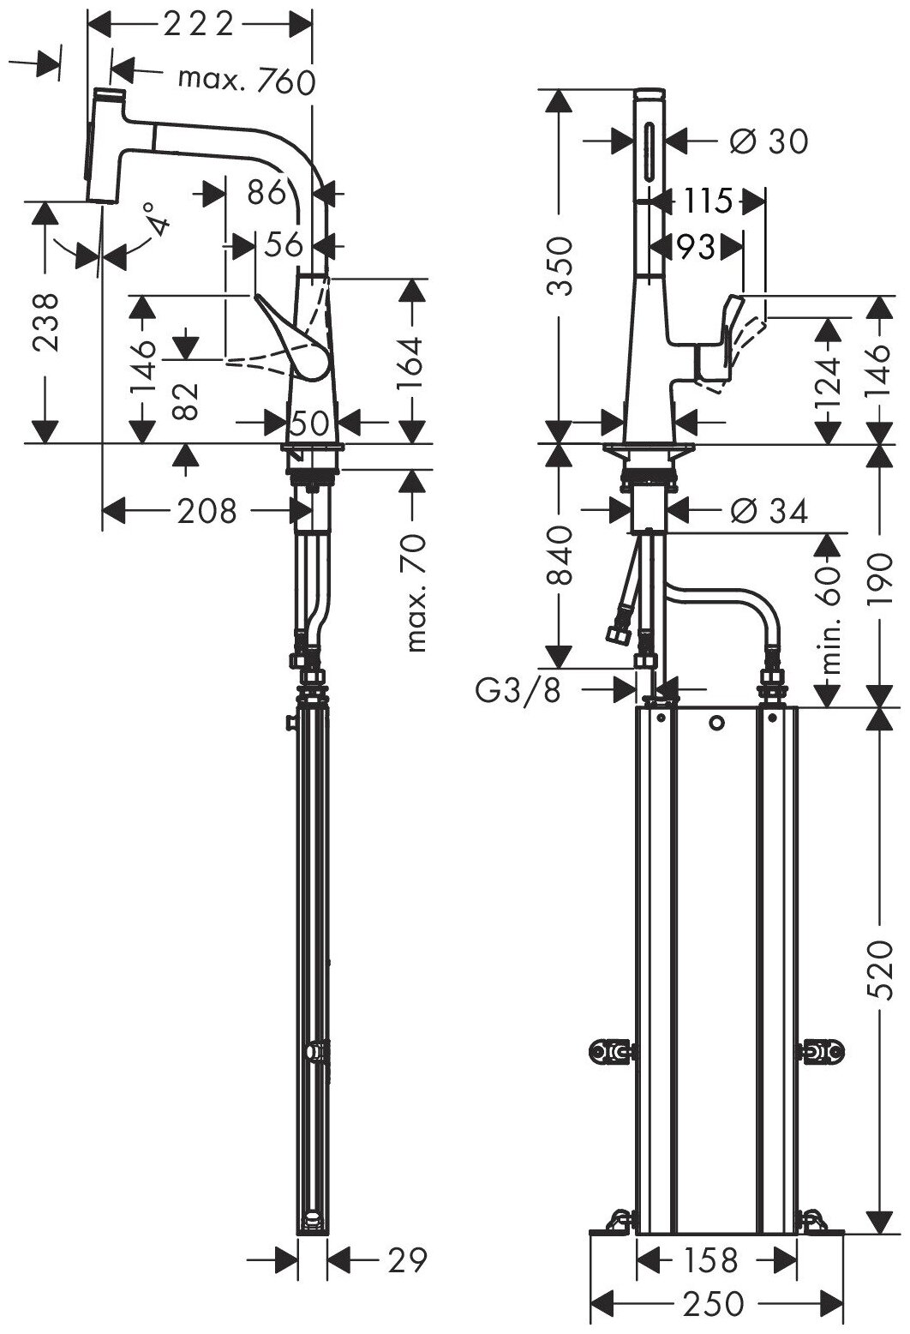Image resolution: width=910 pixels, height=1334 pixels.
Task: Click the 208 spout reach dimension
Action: click(206, 512)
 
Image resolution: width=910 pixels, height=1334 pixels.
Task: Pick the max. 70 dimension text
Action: click(416, 592)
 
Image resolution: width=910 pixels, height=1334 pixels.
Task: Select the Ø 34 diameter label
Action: click(769, 512)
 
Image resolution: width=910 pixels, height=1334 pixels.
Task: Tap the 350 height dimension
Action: click(558, 265)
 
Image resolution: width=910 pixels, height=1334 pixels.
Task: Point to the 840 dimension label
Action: click(558, 556)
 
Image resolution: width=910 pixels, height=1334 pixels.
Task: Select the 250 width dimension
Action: click(715, 1303)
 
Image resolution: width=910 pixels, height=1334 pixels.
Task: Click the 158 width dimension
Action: click(711, 1259)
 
